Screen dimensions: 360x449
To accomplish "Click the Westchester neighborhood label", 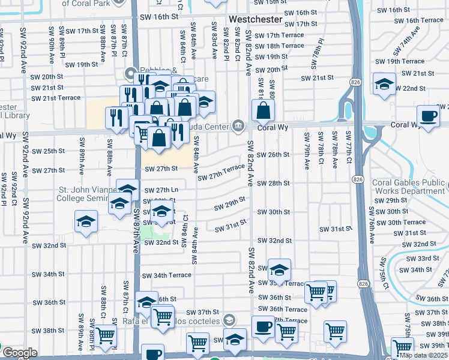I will coord(255,19).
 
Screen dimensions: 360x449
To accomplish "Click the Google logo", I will coord(20,353).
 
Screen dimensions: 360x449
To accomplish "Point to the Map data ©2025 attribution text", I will coord(423,355).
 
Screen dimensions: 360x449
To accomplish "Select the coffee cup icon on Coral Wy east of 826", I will coord(428,115).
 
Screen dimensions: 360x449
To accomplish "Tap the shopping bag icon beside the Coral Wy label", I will coord(263,110).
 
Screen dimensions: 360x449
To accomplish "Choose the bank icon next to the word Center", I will coord(238,125).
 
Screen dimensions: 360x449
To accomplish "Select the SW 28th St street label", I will coord(273,183).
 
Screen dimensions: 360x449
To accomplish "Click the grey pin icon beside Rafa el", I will coord(228,319).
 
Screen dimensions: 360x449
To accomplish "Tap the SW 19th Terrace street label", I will coord(400,61).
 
